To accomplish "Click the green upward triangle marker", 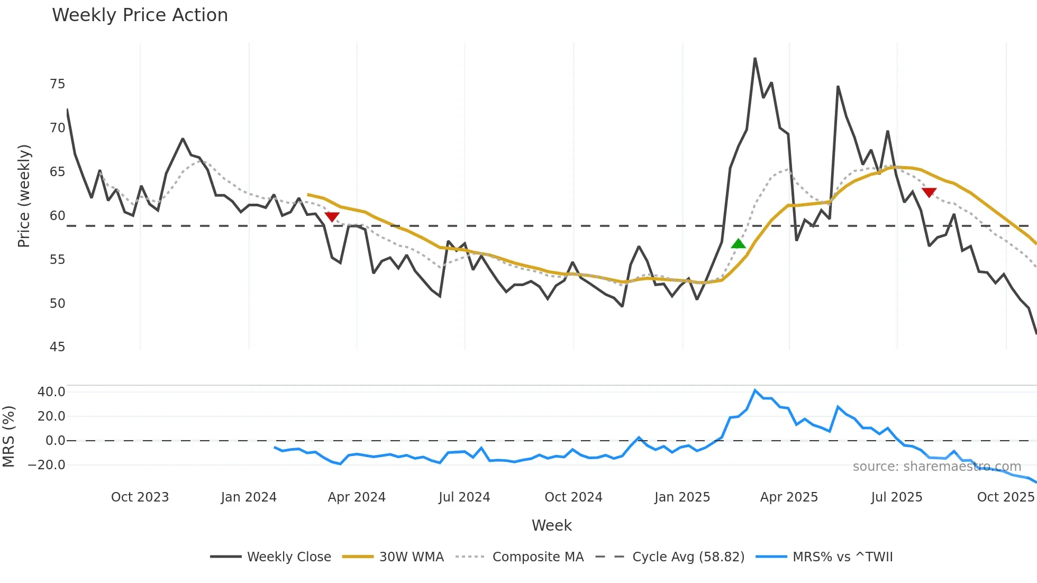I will tap(738, 244).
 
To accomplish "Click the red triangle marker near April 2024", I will tap(332, 217).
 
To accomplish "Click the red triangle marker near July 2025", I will tap(929, 192).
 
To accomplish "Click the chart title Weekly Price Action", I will tap(140, 15).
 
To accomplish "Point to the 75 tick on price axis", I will tap(57, 84).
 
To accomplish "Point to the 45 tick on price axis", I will tap(57, 347).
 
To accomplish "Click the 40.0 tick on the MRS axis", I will tap(51, 392).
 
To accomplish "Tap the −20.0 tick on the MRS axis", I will tap(47, 465).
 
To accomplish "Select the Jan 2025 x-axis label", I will tap(682, 497).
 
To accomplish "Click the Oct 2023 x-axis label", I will tap(140, 497).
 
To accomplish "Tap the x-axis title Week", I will tap(551, 525).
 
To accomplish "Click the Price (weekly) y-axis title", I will tap(24, 196).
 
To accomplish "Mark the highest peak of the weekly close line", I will tap(755, 58).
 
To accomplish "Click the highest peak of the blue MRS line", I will tap(755, 390).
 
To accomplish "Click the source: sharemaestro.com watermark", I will tap(936, 467).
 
